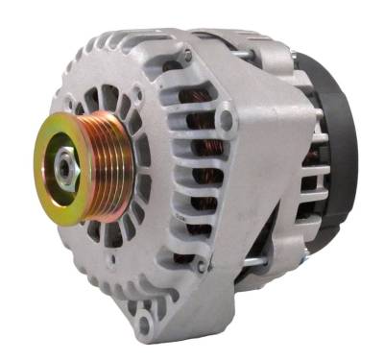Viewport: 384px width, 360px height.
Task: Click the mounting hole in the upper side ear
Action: coord(227,121)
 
